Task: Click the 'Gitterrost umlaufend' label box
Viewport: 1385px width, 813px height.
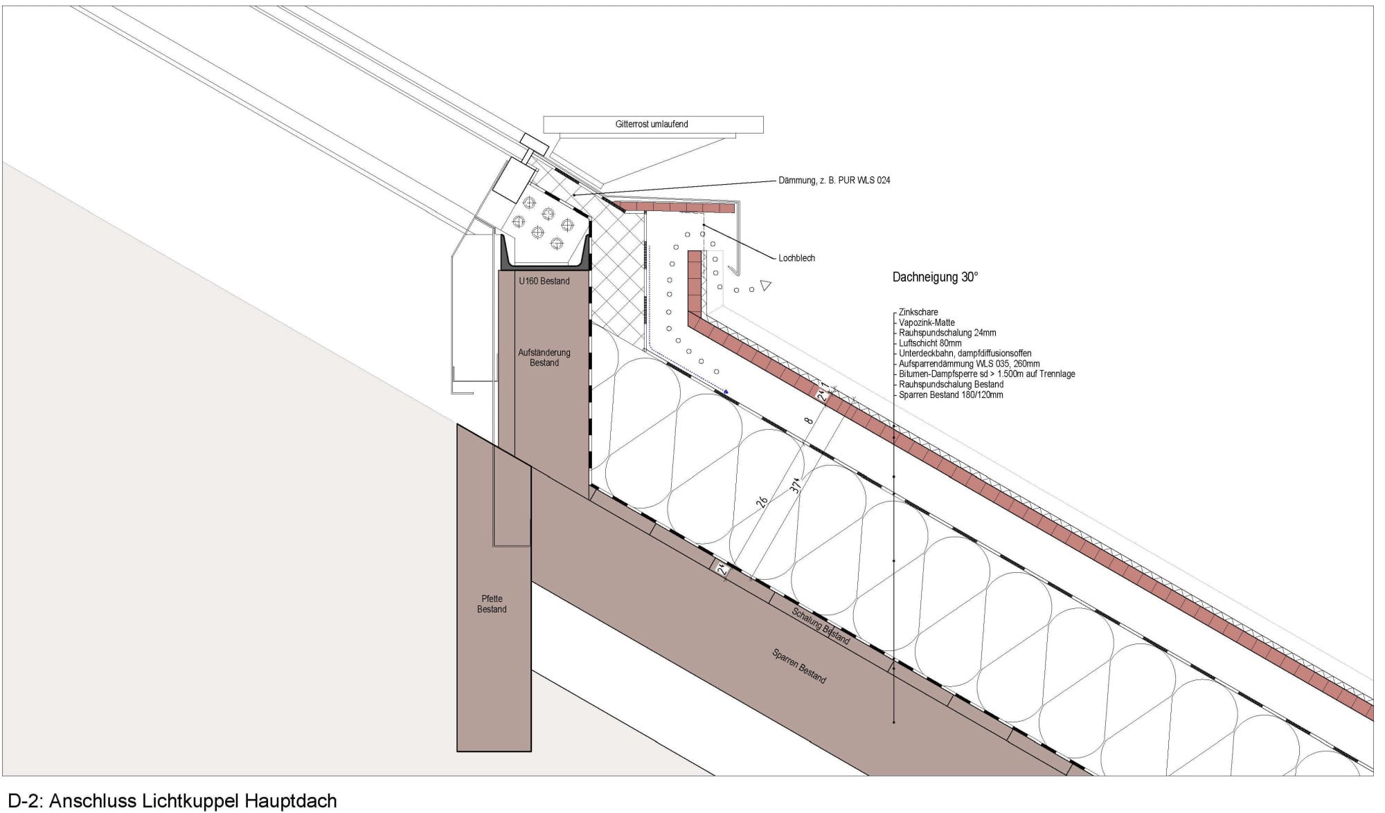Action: point(653,125)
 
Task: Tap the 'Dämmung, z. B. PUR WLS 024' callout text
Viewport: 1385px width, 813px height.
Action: point(834,181)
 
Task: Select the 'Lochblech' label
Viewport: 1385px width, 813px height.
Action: point(796,258)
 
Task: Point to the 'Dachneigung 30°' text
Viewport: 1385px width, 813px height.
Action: point(935,277)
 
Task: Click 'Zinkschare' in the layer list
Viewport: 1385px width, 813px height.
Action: point(918,312)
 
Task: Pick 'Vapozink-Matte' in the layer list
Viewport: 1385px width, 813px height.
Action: point(927,322)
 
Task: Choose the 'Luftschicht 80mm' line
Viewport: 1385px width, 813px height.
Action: point(930,343)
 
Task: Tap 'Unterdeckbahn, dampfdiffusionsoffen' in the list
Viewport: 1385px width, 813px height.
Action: point(965,354)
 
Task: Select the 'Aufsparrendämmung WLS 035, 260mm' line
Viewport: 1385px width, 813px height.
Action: point(969,364)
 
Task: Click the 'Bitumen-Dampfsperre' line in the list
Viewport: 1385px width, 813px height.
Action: point(987,374)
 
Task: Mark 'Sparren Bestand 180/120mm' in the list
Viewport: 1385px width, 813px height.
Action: point(951,395)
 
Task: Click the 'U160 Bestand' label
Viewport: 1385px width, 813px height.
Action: point(544,281)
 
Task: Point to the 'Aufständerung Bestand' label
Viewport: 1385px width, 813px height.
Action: point(544,358)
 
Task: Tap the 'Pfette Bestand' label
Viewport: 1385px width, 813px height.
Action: point(492,604)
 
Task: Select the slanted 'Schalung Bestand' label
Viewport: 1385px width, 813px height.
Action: point(821,625)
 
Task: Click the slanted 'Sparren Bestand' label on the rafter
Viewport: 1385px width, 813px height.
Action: point(799,666)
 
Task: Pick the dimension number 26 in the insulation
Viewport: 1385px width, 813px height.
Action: point(762,502)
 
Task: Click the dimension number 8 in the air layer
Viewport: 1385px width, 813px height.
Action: point(808,420)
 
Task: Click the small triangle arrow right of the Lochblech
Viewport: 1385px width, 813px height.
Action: point(765,285)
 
